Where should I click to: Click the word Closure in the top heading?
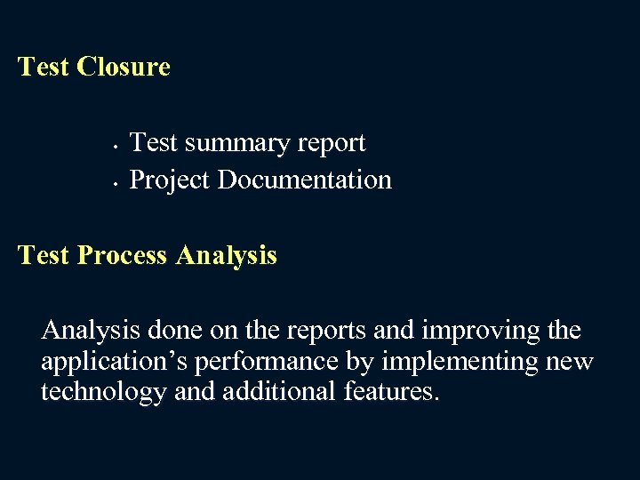[x=124, y=67]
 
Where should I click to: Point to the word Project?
[x=170, y=180]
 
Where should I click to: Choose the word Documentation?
[x=304, y=180]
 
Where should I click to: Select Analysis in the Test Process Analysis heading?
[x=227, y=256]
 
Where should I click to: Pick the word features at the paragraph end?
[x=391, y=392]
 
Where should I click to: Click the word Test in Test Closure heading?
[x=44, y=67]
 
